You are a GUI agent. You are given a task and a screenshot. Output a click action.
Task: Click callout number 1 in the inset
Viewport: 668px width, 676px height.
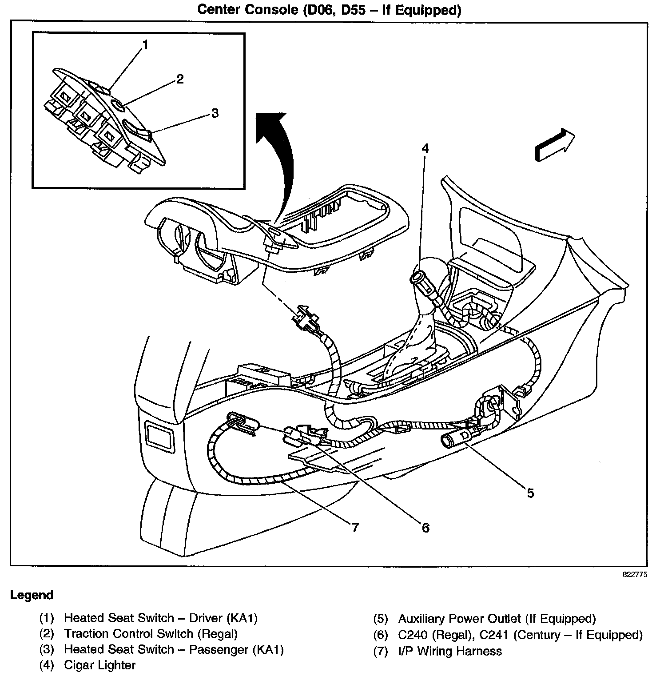click(145, 45)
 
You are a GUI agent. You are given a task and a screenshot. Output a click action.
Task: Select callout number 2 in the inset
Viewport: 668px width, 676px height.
click(179, 79)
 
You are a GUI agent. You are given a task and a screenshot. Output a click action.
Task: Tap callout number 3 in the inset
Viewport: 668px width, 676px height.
click(215, 113)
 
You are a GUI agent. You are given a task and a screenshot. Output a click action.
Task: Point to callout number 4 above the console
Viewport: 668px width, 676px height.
click(425, 148)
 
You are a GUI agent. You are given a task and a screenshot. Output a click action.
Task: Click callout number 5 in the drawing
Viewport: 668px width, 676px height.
click(530, 493)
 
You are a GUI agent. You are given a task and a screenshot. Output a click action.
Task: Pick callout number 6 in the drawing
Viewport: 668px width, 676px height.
click(425, 528)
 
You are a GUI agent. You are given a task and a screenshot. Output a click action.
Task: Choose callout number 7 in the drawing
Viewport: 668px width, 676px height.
click(354, 528)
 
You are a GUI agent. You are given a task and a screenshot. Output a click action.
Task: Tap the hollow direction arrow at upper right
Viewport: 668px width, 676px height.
click(555, 145)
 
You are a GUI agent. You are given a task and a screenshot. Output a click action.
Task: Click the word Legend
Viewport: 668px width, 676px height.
click(32, 595)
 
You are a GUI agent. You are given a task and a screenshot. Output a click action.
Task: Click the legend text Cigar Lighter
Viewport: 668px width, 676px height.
click(99, 665)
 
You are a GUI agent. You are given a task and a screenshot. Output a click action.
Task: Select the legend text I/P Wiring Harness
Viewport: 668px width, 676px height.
click(450, 651)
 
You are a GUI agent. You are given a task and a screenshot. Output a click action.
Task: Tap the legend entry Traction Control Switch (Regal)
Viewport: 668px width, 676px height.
click(151, 634)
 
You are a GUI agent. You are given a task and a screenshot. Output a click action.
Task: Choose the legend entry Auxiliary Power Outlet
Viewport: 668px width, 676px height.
click(497, 618)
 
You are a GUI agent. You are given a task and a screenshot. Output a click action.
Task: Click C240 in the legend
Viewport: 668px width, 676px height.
click(414, 635)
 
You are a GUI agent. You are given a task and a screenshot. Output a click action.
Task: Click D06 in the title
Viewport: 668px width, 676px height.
click(319, 10)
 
